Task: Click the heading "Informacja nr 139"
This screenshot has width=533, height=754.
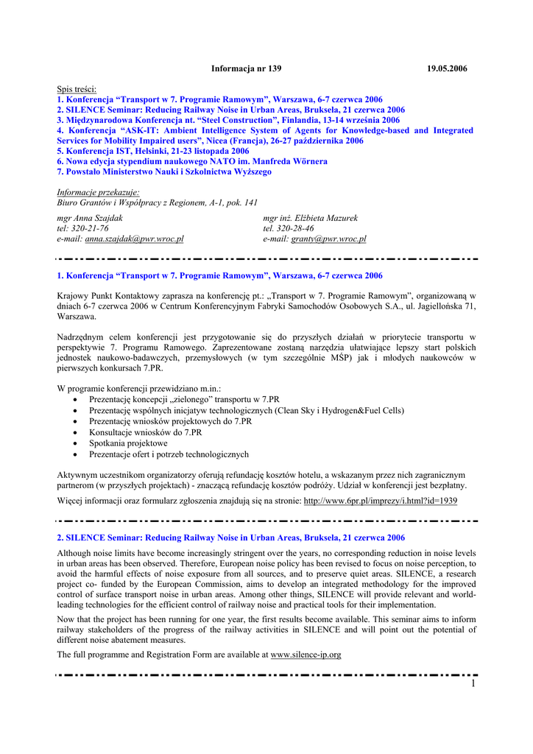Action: click(246, 68)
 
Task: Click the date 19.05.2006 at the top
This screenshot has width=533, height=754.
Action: click(448, 68)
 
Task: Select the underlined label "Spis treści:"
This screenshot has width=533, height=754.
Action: click(77, 89)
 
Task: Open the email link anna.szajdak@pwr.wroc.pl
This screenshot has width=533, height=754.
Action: click(134, 239)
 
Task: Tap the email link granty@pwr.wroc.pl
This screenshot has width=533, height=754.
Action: click(328, 239)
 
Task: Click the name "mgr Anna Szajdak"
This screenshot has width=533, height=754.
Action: click(90, 219)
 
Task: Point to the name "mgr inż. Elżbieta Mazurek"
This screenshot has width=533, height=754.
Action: click(310, 219)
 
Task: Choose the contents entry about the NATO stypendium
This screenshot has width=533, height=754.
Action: click(192, 161)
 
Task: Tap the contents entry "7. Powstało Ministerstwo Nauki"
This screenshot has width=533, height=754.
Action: click(164, 172)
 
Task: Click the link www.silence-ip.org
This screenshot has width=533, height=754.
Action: click(306, 655)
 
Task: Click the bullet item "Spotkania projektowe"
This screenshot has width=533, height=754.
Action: click(128, 444)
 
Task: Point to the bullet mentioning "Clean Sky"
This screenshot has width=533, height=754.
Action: click(246, 411)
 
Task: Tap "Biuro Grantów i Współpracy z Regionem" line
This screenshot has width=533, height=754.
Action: click(158, 202)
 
